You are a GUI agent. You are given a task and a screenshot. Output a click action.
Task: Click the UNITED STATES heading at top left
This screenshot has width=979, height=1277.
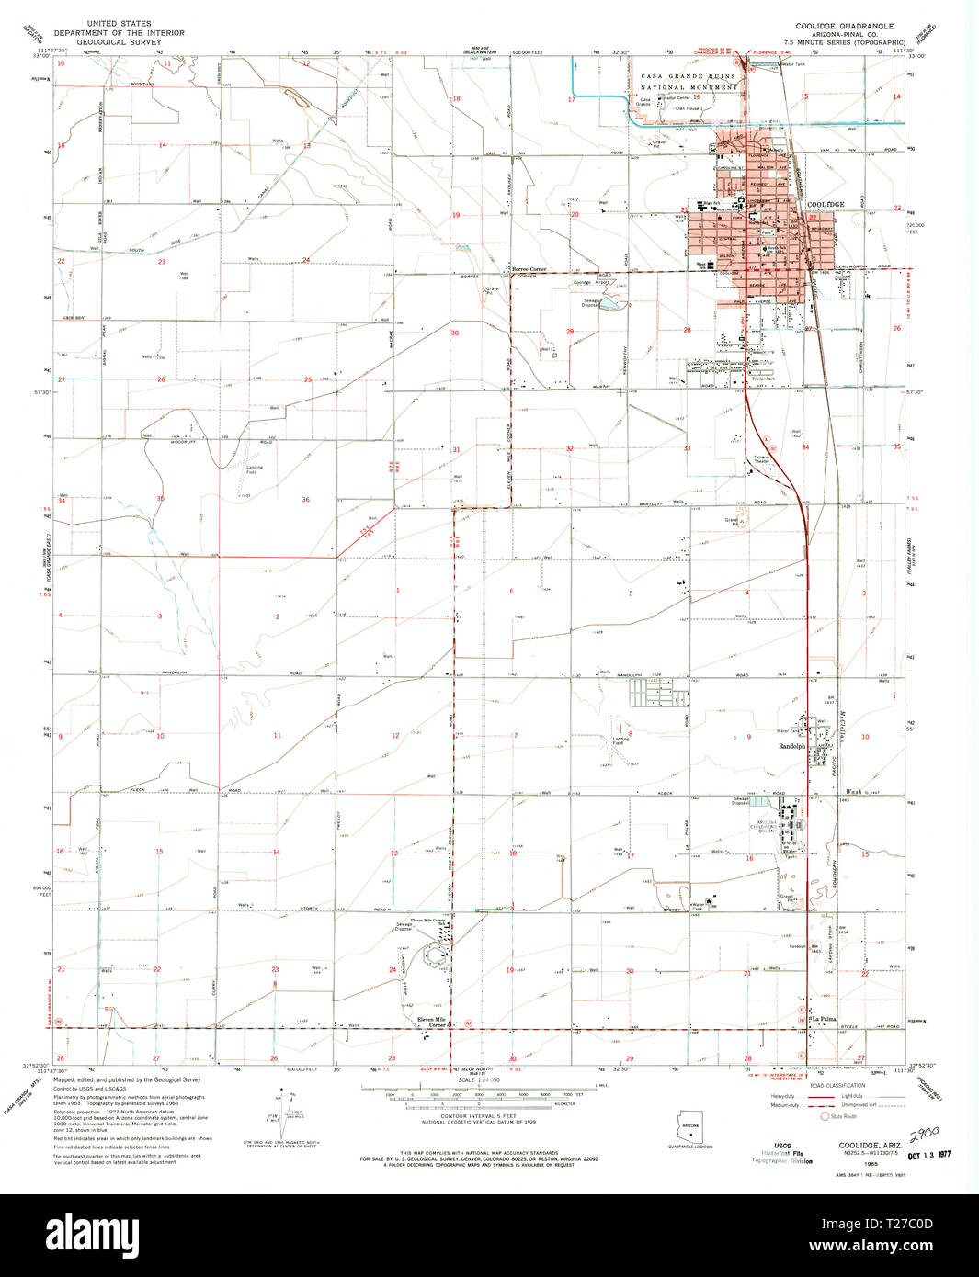pos(120,23)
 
